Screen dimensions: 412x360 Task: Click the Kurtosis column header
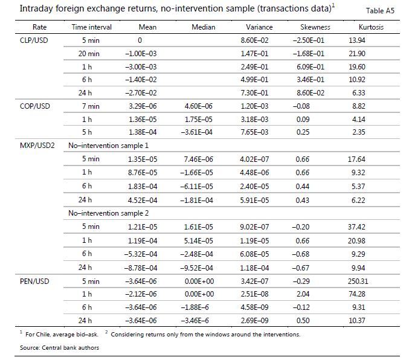click(371, 27)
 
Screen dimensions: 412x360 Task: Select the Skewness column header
click(315, 27)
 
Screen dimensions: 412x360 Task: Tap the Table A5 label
click(380, 11)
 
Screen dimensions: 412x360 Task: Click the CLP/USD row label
click(34, 40)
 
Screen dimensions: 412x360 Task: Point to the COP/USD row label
click(34, 106)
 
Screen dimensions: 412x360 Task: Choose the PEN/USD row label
click(34, 281)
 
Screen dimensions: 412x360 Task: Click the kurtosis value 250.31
click(358, 281)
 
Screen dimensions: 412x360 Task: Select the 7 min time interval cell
click(91, 106)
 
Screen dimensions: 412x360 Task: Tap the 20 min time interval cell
click(89, 54)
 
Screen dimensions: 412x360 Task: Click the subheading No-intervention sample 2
click(108, 213)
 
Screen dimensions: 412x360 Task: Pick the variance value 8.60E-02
click(254, 40)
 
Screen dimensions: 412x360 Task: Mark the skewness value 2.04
click(303, 294)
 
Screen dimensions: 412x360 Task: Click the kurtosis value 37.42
click(356, 227)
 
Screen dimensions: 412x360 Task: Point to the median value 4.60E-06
click(198, 106)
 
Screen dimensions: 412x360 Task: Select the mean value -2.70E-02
click(141, 93)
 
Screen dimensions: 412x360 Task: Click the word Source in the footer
click(30, 348)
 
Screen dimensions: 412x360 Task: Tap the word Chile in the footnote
click(42, 335)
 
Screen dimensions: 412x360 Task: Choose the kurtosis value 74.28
click(357, 294)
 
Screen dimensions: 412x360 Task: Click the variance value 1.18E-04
click(254, 268)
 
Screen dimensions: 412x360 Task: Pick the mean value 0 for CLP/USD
click(140, 40)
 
